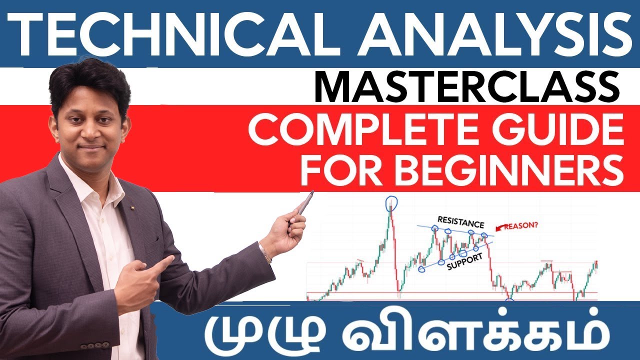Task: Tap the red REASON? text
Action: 521,225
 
